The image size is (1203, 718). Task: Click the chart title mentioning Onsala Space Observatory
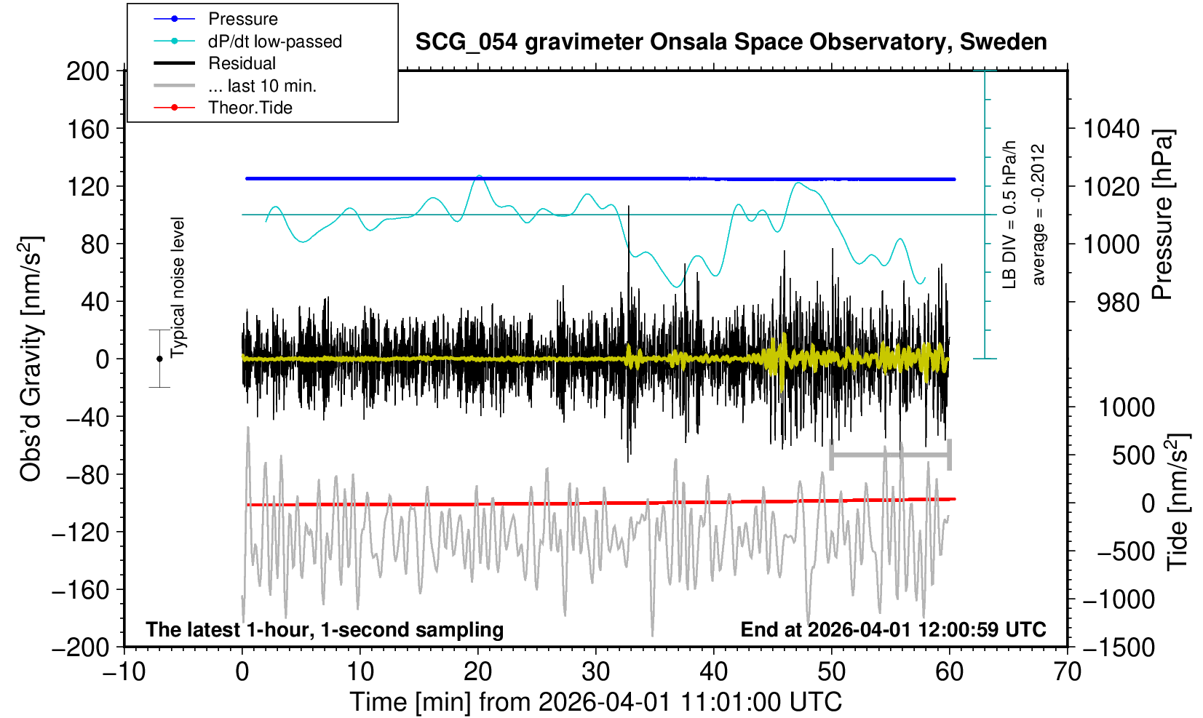click(731, 42)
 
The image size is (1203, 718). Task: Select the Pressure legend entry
click(242, 19)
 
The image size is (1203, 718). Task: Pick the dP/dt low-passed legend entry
click(274, 41)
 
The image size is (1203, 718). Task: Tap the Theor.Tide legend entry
click(250, 108)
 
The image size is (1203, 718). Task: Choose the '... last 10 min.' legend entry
click(262, 86)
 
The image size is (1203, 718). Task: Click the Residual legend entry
click(242, 63)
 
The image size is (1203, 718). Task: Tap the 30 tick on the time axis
click(595, 671)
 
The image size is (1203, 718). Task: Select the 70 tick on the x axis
click(1067, 671)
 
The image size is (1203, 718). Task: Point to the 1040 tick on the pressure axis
click(1111, 129)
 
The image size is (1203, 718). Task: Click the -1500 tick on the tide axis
click(1119, 647)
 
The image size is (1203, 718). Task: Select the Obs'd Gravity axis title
click(31, 359)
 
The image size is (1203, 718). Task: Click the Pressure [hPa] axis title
click(1163, 215)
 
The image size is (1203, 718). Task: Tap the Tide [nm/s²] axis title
click(1178, 502)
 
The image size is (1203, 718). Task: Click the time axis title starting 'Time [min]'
click(595, 702)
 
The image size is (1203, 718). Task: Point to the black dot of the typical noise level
click(159, 359)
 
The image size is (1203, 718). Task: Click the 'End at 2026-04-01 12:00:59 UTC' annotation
click(893, 629)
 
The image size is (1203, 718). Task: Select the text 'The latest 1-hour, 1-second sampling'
click(325, 629)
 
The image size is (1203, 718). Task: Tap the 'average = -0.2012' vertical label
click(1038, 215)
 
